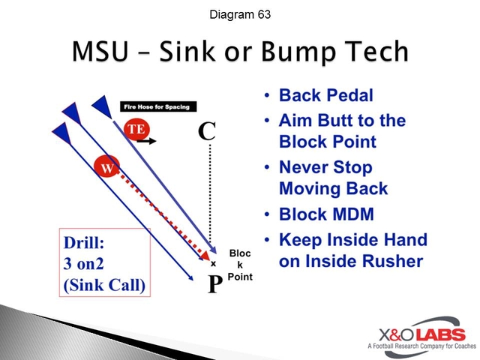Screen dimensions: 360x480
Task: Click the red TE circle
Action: point(136,129)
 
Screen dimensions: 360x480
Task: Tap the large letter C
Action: point(207,131)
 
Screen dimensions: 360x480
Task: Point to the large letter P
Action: point(214,284)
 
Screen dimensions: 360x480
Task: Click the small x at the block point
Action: point(213,263)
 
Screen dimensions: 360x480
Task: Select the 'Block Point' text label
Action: point(239,265)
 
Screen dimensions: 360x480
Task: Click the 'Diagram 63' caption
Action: point(239,15)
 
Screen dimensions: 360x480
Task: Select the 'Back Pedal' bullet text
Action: point(325,96)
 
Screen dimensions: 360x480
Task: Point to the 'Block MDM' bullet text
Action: point(327,214)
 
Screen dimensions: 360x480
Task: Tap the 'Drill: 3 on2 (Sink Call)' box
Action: point(105,265)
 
